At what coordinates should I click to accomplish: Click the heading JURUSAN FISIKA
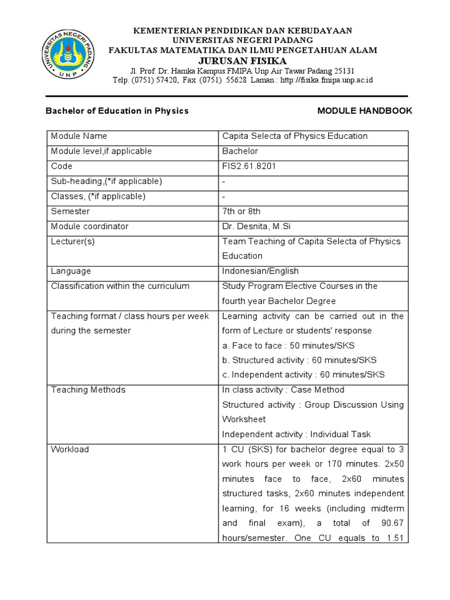tap(243, 61)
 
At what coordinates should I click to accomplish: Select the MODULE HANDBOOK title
tap(364, 111)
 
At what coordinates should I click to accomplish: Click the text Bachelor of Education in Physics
tap(117, 111)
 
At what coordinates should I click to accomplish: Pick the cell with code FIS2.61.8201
tap(249, 166)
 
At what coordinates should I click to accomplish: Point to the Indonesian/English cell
tap(260, 271)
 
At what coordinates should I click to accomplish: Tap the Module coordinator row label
tap(90, 226)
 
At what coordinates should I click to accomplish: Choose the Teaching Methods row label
tap(88, 390)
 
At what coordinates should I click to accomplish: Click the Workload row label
tap(70, 449)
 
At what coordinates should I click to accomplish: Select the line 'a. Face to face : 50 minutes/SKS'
tap(288, 345)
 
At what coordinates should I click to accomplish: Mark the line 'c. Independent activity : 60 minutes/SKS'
tap(303, 375)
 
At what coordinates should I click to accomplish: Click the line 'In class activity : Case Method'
tap(283, 390)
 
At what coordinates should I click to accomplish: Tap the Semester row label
tap(70, 211)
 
